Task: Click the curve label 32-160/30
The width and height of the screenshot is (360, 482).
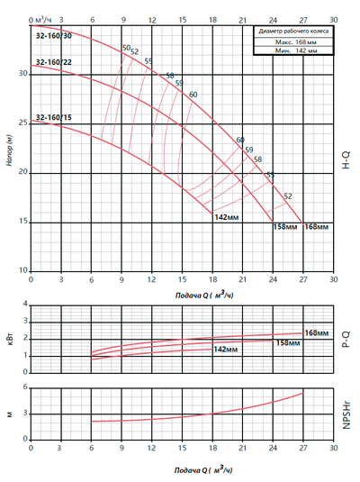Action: tap(54, 36)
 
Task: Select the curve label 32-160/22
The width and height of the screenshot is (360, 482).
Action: tap(54, 61)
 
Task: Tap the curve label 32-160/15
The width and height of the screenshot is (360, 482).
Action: tap(54, 117)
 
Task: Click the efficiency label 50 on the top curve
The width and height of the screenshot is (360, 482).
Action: tap(125, 47)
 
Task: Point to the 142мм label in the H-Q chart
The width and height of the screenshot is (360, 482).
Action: tap(226, 217)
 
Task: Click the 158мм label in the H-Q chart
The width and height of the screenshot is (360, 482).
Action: tap(284, 226)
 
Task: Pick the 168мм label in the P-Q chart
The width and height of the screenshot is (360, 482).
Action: tap(316, 333)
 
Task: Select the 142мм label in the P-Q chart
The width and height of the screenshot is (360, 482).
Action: tap(225, 348)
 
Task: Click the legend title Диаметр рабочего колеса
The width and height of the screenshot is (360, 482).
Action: tap(294, 32)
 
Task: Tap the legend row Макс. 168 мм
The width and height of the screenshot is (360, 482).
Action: tap(294, 41)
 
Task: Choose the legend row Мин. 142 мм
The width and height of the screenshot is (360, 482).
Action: tap(294, 51)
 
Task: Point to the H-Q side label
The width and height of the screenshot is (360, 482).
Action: tap(346, 160)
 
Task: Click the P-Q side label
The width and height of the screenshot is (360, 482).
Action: tap(346, 339)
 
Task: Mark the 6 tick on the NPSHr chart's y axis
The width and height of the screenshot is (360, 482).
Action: tap(25, 387)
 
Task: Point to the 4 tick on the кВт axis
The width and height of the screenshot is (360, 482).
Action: tap(25, 305)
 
